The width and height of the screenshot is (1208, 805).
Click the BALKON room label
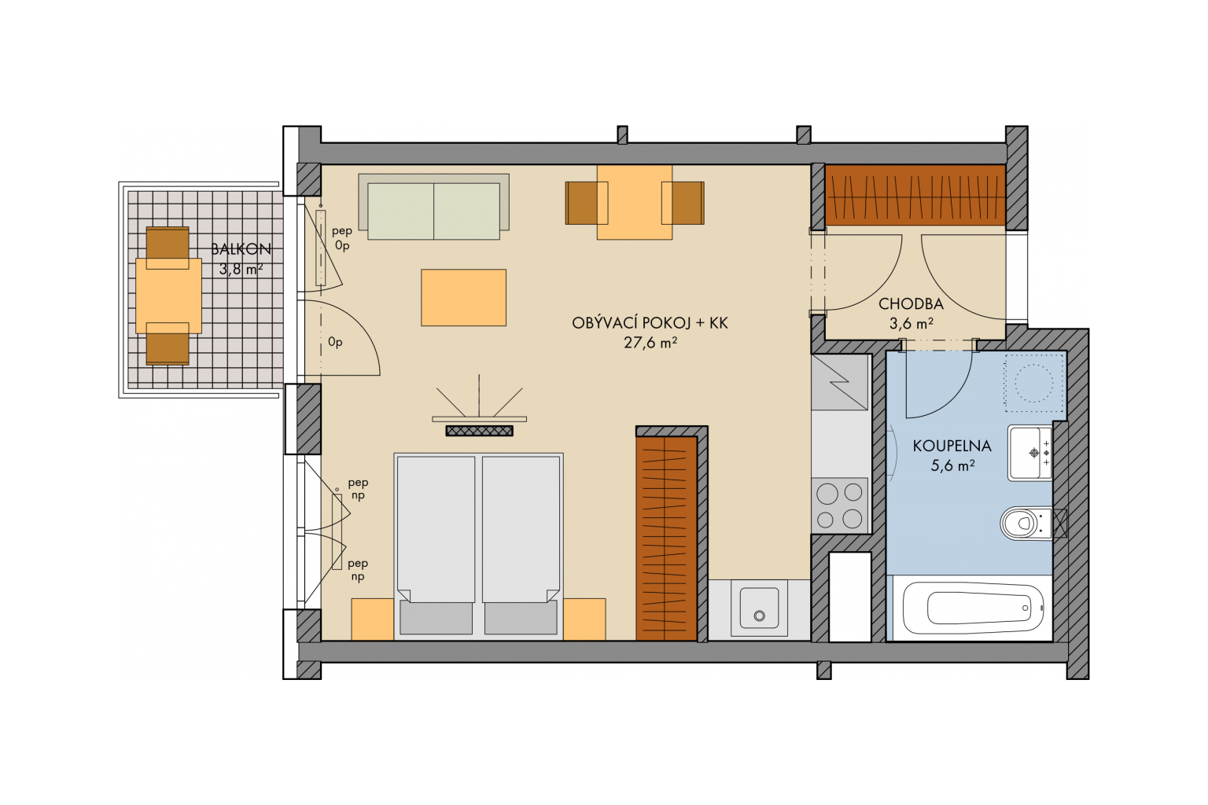(241, 249)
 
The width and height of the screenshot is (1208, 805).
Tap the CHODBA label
(911, 304)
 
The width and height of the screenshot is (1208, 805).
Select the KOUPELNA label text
(952, 446)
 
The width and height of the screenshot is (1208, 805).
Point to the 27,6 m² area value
(650, 343)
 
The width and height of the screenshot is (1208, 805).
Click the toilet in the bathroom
(1026, 523)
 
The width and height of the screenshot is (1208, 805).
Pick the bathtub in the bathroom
(974, 608)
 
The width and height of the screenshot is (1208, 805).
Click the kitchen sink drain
(759, 616)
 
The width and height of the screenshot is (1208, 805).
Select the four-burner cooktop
(840, 505)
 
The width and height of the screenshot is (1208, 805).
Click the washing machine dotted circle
(1034, 383)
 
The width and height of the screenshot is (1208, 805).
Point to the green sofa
(433, 207)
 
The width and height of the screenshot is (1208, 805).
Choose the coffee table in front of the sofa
(463, 298)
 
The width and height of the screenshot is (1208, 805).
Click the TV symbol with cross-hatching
(479, 430)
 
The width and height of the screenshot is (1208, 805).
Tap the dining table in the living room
(634, 202)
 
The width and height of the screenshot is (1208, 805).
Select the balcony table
(168, 296)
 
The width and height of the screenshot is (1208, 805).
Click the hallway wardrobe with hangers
(915, 195)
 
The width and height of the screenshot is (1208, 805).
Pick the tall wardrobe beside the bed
(667, 539)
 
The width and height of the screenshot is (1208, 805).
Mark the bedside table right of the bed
(584, 619)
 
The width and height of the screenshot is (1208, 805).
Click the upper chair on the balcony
(168, 248)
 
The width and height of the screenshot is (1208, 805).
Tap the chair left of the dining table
(586, 203)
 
